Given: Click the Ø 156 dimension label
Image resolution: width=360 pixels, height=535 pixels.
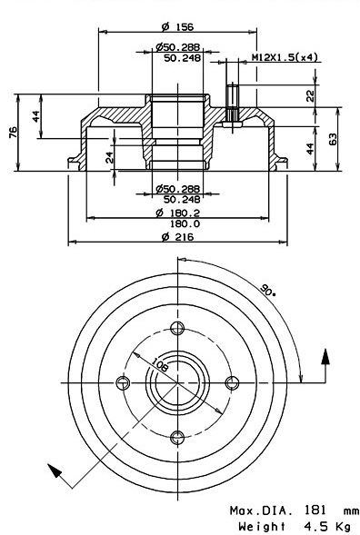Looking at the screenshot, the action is pos(177,26).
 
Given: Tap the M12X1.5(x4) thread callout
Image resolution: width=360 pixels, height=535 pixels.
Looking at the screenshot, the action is pos(285,57).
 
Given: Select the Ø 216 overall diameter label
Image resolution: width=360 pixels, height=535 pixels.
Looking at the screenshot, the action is pos(177,236).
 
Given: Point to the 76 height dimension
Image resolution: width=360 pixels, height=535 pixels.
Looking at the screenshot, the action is pos(13,132).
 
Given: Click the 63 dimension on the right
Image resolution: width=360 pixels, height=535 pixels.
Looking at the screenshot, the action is pos(332,139).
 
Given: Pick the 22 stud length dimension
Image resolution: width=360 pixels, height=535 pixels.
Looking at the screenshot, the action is pos(310,96).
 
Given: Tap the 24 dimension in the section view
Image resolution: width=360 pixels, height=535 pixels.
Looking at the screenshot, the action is pos(109,157).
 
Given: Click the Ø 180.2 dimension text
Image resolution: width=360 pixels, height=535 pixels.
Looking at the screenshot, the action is pos(177,213).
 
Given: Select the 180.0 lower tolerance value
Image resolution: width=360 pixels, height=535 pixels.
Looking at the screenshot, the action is pos(185,223).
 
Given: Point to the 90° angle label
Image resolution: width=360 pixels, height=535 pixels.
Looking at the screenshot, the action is pos(267,290).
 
